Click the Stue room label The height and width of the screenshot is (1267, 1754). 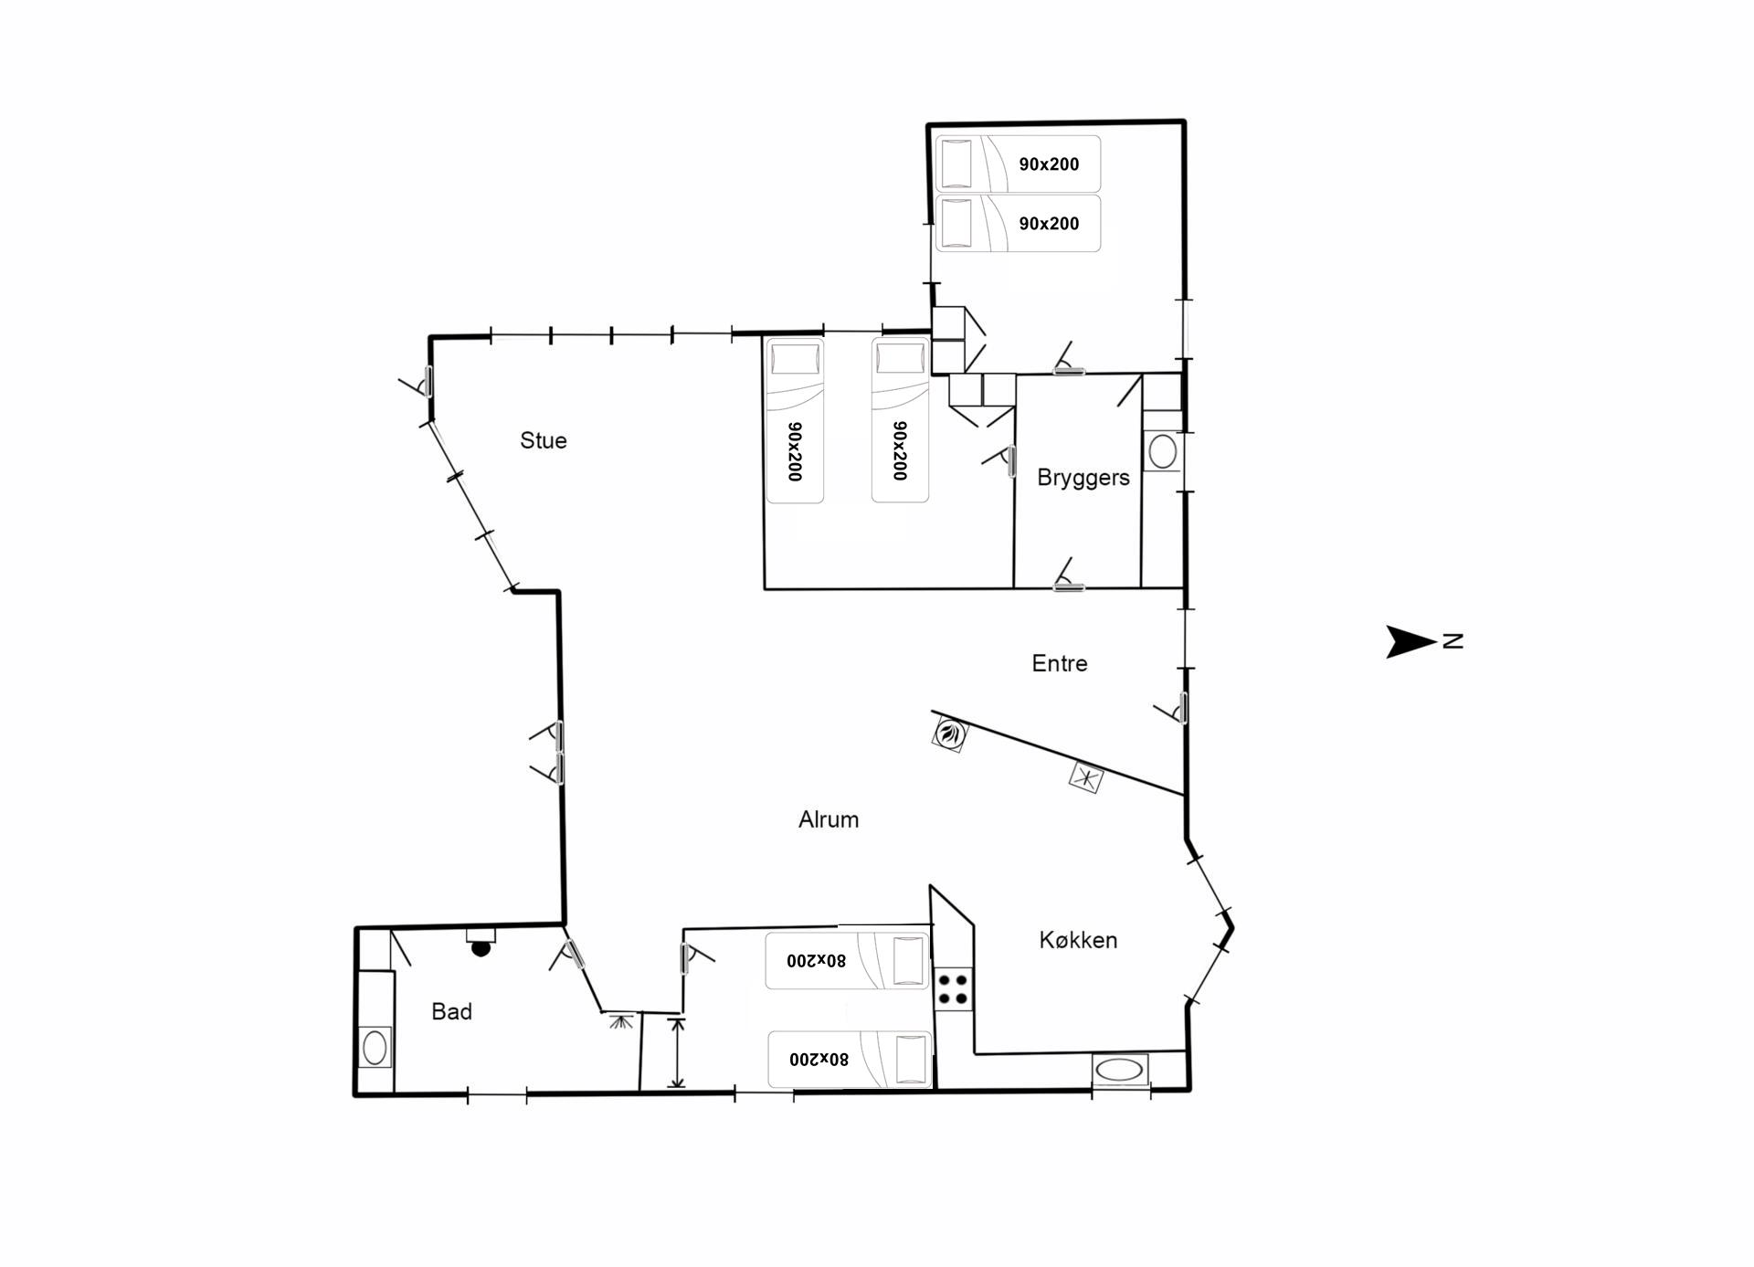544,440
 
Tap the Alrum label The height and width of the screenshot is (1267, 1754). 829,819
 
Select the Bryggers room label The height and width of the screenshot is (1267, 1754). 1083,478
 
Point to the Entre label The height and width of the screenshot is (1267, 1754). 1060,663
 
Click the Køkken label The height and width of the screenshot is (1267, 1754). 1078,940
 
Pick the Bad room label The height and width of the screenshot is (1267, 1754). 451,1011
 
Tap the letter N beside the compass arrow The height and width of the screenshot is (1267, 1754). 1453,641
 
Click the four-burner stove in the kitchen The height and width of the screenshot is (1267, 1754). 954,988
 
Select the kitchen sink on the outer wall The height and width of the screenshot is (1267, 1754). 1120,1069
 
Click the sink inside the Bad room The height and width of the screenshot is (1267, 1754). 375,1048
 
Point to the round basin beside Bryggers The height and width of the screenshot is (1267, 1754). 1163,451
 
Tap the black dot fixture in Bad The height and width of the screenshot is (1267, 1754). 481,948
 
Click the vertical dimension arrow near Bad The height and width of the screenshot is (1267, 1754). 677,1052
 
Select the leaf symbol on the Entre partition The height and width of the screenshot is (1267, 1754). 950,734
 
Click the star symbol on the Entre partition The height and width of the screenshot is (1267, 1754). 1085,777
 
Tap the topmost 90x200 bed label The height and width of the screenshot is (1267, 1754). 1049,164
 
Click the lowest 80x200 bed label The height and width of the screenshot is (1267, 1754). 819,1060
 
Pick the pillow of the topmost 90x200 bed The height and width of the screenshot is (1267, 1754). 956,163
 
